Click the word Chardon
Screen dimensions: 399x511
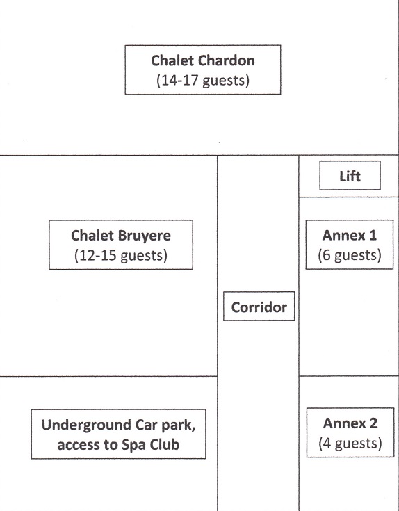pos(227,60)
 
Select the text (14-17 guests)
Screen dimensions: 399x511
pos(203,81)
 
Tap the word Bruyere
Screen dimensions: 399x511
pos(144,236)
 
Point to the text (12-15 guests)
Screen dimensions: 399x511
pos(121,256)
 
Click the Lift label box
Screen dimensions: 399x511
pos(350,176)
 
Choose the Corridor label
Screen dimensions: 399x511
pos(259,307)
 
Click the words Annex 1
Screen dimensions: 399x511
pos(350,235)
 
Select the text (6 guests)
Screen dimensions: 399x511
pos(350,255)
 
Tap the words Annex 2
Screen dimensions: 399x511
pos(350,423)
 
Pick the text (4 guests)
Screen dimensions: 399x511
pos(350,444)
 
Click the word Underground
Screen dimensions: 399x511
pos(86,425)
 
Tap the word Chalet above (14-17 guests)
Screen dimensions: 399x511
pos(172,60)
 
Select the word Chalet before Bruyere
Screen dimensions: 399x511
pos(92,236)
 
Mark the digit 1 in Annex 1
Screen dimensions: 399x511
pos(373,235)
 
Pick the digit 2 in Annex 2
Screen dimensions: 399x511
pos(373,423)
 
